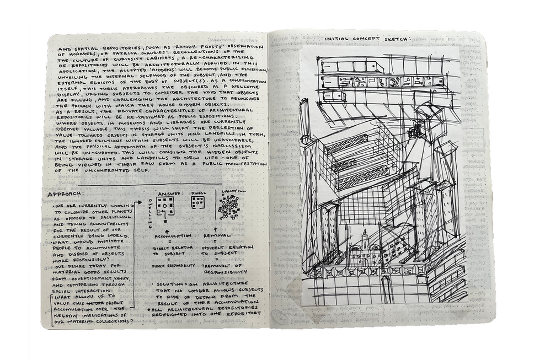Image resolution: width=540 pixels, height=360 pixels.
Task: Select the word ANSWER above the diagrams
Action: point(168,194)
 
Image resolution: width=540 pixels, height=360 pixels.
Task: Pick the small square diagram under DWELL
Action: point(198,203)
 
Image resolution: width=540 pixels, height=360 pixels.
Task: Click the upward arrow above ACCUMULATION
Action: point(167,225)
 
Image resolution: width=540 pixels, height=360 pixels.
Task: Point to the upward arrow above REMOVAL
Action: point(214,225)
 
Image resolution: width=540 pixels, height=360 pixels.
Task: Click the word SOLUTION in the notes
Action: point(173,284)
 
